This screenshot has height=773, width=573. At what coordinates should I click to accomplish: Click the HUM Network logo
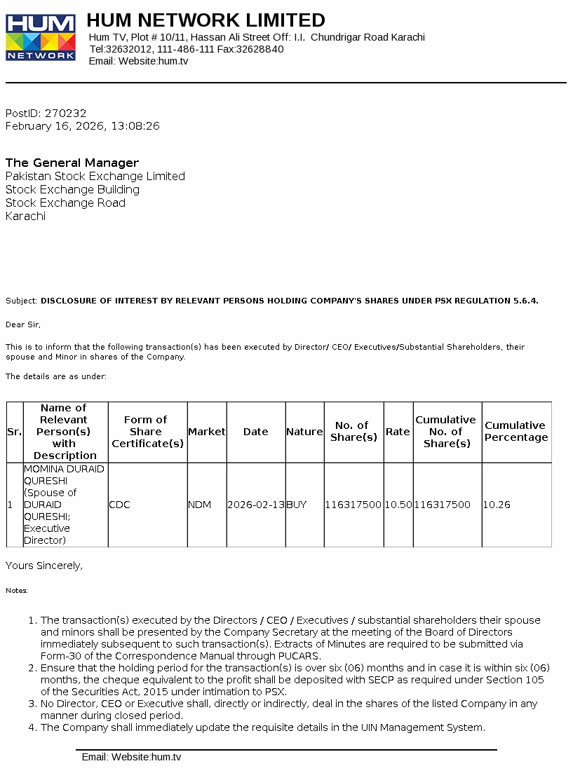[x=41, y=37]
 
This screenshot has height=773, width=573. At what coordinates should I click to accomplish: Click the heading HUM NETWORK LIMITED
[x=205, y=20]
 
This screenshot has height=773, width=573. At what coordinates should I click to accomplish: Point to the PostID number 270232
[x=65, y=113]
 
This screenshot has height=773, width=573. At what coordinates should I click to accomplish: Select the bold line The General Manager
[x=72, y=163]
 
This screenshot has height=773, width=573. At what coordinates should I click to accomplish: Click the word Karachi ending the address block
[x=25, y=216]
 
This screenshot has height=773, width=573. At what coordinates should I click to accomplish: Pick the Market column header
[x=207, y=432]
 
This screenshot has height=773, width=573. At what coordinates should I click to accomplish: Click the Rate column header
[x=398, y=432]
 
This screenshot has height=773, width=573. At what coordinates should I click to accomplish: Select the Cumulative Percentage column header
[x=516, y=432]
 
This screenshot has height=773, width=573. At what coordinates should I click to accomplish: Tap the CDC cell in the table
[x=120, y=505]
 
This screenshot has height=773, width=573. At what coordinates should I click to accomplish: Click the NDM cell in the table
[x=199, y=505]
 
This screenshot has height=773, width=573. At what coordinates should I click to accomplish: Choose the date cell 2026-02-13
[x=256, y=505]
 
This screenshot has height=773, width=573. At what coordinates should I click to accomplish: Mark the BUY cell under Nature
[x=297, y=505]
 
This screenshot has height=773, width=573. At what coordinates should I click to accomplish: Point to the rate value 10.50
[x=398, y=505]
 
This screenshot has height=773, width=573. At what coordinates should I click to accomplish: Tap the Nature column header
[x=304, y=432]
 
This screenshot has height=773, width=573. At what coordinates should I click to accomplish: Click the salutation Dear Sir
[x=23, y=324]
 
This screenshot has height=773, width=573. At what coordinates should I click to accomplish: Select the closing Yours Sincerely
[x=43, y=565]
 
